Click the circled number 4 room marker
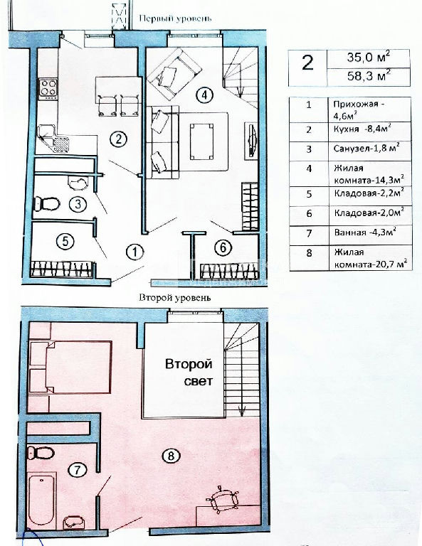(x=204, y=95)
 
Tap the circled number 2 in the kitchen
(x=118, y=139)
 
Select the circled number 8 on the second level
(x=170, y=456)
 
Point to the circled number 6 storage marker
(x=223, y=247)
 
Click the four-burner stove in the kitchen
(x=48, y=89)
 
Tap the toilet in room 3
(x=46, y=204)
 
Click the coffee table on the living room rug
(x=201, y=141)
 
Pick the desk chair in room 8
(x=223, y=500)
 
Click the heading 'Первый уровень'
(x=175, y=18)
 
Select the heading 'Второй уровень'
(x=175, y=298)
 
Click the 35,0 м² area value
(x=368, y=58)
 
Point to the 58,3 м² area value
(x=369, y=75)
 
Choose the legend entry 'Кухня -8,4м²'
(x=362, y=129)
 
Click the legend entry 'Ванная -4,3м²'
(x=365, y=232)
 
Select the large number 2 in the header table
(x=307, y=63)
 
